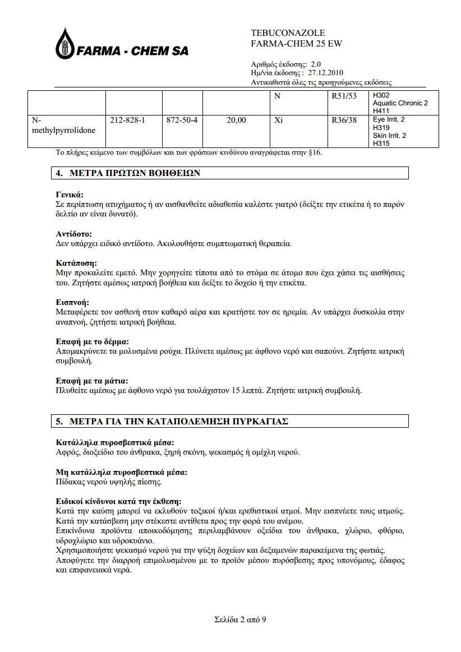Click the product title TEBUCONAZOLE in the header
point(288,33)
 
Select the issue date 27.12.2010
point(326,72)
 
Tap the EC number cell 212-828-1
point(128,120)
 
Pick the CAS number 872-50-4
point(182,120)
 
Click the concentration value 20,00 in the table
point(236,120)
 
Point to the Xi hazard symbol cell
point(279,120)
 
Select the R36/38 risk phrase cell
point(344,120)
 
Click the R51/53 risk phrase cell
point(344,96)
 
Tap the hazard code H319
point(381,128)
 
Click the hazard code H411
point(381,111)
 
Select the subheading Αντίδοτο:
point(74,233)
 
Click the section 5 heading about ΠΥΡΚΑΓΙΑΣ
point(178,421)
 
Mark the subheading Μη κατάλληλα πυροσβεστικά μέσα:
point(122,472)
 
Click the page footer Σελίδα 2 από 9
point(239,619)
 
